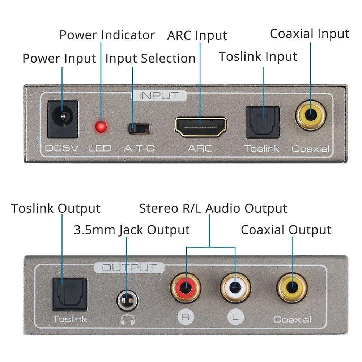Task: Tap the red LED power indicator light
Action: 100,127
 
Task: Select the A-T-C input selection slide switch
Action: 139,128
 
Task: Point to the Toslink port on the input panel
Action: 263,122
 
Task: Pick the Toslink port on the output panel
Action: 70,294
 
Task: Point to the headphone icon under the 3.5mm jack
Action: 127,319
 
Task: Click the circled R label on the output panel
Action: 186,318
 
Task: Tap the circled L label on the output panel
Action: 235,318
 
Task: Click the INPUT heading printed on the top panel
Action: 159,96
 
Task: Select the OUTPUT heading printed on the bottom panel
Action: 129,268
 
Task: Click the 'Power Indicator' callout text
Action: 107,35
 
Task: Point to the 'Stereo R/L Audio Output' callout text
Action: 213,208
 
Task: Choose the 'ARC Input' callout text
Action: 197,35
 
